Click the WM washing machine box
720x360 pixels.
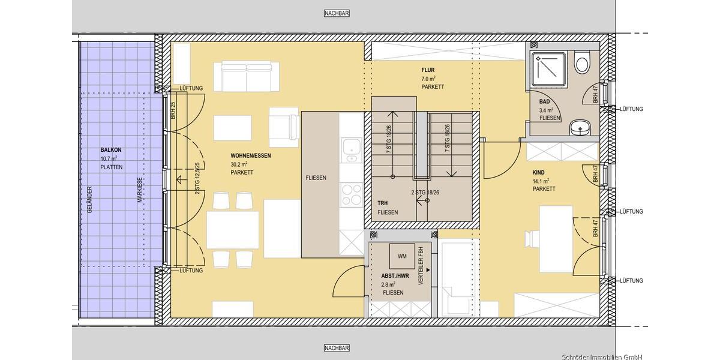click(402, 256)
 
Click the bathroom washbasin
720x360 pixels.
click(579, 127)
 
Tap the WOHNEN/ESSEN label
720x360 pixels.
click(250, 156)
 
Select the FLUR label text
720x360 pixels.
click(427, 70)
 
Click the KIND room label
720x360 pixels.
click(539, 172)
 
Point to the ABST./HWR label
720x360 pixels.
click(395, 276)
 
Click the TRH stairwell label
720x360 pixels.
click(383, 203)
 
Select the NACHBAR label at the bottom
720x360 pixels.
click(336, 348)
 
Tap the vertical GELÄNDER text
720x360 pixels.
click(90, 200)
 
